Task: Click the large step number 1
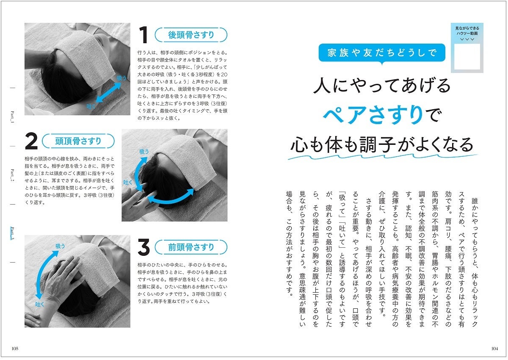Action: tap(144, 36)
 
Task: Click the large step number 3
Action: tap(144, 248)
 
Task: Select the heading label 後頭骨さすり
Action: tap(191, 35)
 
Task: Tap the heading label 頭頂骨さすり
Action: tap(78, 141)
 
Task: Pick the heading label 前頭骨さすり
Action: tap(191, 247)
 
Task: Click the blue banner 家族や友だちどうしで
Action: tap(382, 53)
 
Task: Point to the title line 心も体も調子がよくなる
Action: tap(382, 144)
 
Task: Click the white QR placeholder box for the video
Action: tap(467, 56)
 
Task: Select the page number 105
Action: tap(15, 349)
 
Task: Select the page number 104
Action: tap(493, 349)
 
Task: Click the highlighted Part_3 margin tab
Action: tap(12, 233)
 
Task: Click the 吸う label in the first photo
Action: tap(121, 78)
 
